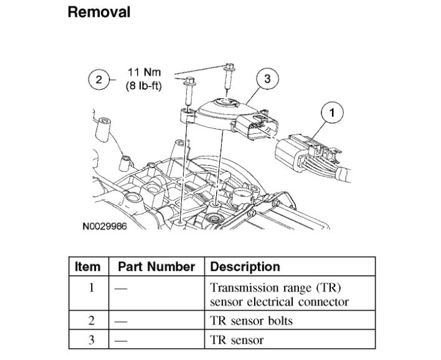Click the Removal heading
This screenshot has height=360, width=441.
point(99,12)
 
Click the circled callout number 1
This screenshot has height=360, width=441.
point(331,113)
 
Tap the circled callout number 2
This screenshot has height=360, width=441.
point(98,79)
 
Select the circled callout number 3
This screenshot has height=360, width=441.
point(267,79)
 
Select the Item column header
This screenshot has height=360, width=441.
point(87,267)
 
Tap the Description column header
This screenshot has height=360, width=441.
point(245,267)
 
